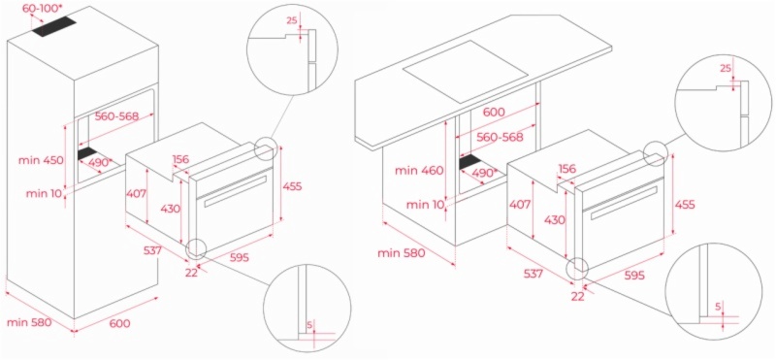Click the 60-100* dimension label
click(x=42, y=9)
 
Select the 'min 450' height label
click(x=41, y=160)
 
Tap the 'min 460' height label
click(x=419, y=171)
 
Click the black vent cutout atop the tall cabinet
click(x=55, y=28)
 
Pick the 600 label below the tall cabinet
click(x=119, y=323)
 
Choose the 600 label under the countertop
click(x=494, y=113)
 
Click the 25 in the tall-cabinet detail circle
click(x=292, y=20)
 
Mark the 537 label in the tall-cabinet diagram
click(x=153, y=250)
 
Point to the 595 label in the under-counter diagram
click(x=634, y=276)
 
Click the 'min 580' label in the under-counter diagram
click(x=402, y=253)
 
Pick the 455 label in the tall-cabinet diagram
click(x=292, y=186)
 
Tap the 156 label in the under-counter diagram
click(x=566, y=169)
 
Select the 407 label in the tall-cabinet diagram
click(x=136, y=194)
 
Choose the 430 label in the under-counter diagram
click(x=555, y=219)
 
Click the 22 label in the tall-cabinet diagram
click(x=191, y=272)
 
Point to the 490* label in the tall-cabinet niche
click(x=102, y=161)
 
